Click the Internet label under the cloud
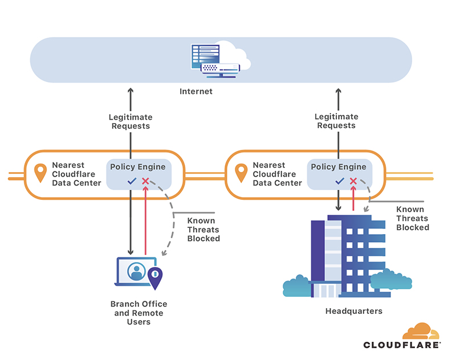tap(196, 91)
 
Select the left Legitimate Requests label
tap(131, 121)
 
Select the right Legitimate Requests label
tap(336, 121)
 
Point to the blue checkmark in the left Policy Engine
tap(132, 181)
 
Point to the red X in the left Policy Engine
tap(145, 181)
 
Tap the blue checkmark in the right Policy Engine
tap(340, 181)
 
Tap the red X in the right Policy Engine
tap(353, 181)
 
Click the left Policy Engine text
tap(138, 167)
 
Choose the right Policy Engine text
tap(339, 167)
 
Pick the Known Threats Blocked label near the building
tap(413, 218)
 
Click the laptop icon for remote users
tap(136, 272)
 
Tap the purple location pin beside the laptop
tap(155, 277)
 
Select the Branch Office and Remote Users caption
tap(139, 313)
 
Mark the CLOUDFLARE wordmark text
tap(402, 345)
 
